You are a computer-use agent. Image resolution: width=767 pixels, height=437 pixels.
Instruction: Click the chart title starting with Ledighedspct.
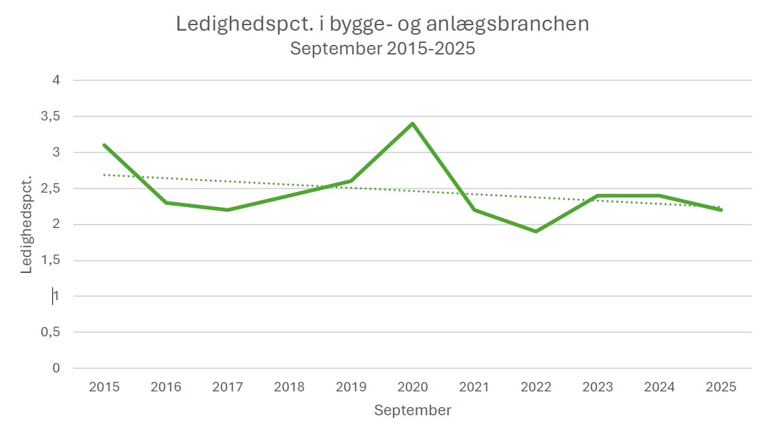coord(382,24)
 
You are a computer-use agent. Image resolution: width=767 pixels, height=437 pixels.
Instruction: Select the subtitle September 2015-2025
coord(382,49)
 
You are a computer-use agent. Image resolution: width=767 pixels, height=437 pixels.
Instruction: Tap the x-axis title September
coord(412,410)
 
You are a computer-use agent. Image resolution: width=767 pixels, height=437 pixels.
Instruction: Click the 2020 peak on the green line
coord(412,124)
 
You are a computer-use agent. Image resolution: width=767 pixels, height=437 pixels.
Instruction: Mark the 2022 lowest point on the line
coord(536,231)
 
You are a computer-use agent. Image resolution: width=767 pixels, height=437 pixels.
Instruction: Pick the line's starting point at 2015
coord(104,145)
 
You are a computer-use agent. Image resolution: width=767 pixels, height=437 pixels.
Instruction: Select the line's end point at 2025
coord(721,210)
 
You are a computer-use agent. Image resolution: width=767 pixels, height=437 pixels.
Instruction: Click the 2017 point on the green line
coord(227,210)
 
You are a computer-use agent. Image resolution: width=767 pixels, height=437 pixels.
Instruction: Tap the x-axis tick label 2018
coord(289,387)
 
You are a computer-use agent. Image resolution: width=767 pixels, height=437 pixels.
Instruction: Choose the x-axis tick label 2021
coord(474,387)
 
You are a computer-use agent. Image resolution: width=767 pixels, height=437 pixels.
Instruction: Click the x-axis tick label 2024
coord(659,387)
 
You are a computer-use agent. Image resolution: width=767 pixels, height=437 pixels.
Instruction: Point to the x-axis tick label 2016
coord(166,387)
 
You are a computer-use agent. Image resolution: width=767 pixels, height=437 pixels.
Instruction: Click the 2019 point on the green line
coord(351,181)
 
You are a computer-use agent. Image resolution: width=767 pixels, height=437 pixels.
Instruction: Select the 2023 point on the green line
coord(598,195)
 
